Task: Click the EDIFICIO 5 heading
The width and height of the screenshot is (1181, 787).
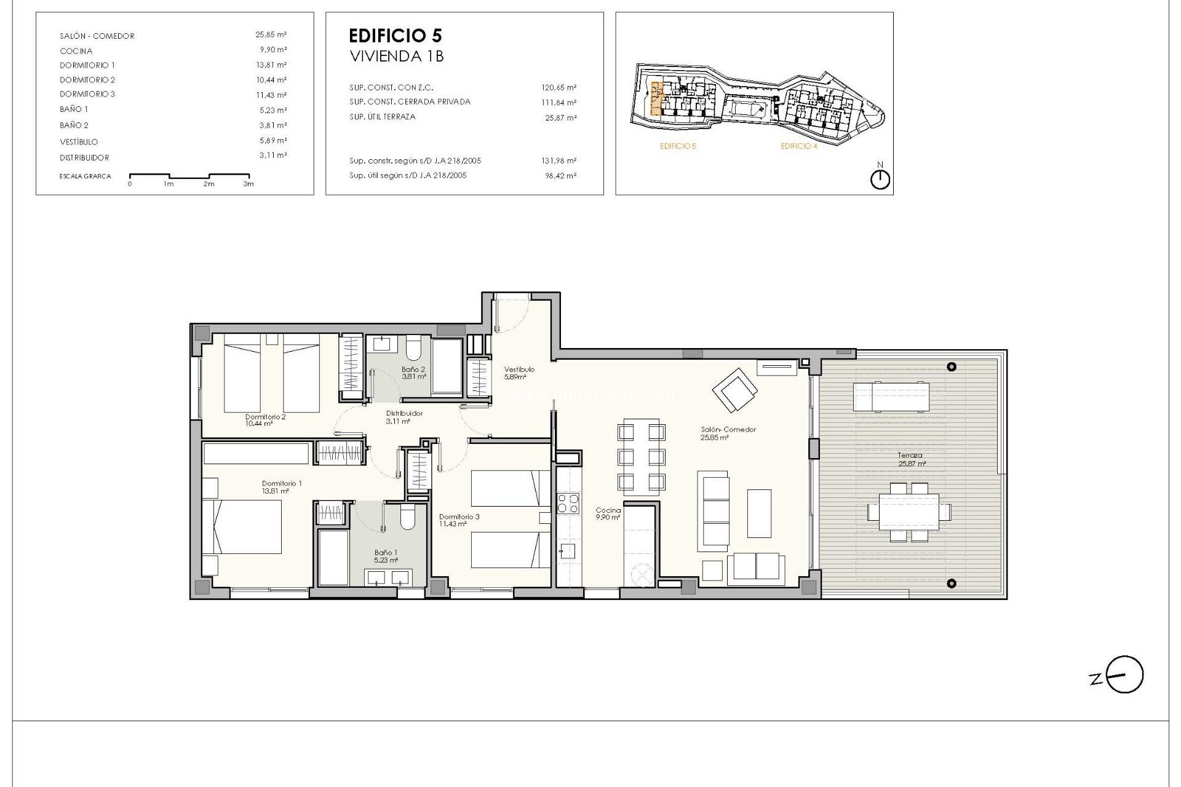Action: point(395,35)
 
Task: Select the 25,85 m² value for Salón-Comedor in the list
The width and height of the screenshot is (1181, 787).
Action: point(271,35)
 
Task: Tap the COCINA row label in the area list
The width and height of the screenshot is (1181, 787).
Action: point(76,51)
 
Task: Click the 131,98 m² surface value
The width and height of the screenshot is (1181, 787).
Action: point(559,161)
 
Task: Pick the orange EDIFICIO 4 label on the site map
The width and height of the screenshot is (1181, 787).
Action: point(798,146)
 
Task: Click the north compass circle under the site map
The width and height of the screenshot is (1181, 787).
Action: point(881,180)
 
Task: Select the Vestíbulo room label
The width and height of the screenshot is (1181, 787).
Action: point(519,370)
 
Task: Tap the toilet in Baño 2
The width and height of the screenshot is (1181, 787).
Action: point(413,349)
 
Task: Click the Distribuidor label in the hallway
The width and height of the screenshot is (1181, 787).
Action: point(404,414)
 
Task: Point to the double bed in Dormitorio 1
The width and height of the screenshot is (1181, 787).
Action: point(242,527)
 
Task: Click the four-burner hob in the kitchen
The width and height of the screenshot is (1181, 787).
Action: point(568,504)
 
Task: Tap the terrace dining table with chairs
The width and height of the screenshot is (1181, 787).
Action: point(909,512)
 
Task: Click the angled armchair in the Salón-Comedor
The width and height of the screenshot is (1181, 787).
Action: point(734,389)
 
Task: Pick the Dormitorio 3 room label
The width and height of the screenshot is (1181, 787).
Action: point(459,517)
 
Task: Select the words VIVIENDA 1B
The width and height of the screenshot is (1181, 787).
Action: point(397,56)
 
